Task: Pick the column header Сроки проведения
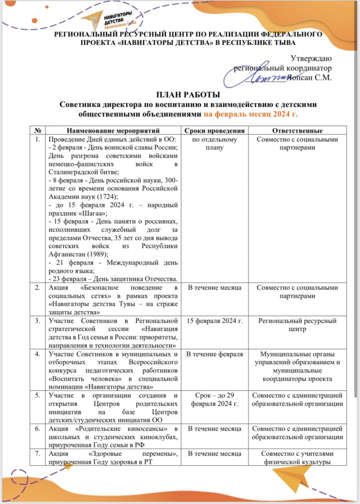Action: pos(214,131)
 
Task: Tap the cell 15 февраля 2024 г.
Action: pos(214,321)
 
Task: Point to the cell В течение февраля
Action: pos(214,354)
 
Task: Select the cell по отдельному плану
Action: pos(214,143)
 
